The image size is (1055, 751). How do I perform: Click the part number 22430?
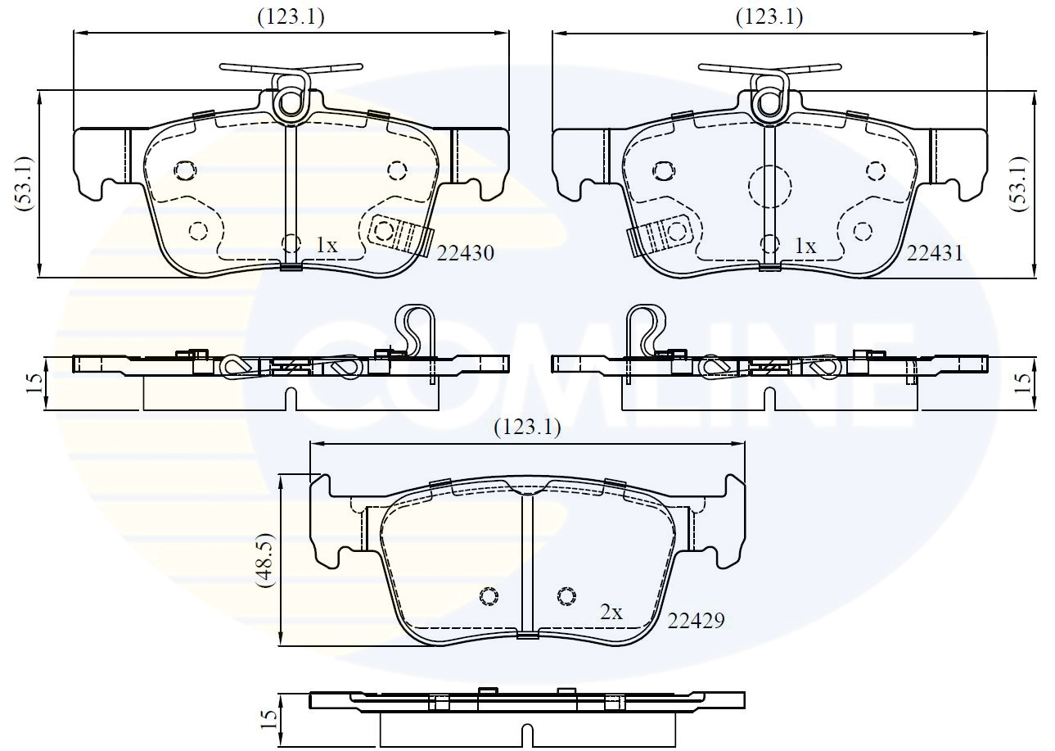point(466,254)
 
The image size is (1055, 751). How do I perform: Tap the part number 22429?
point(696,621)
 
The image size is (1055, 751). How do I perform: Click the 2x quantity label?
point(611,612)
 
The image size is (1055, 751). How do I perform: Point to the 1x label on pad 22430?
point(327,245)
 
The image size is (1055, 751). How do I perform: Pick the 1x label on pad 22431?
point(805,246)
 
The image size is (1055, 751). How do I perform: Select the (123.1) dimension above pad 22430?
point(291,17)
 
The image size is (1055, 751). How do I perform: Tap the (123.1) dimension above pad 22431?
point(769,17)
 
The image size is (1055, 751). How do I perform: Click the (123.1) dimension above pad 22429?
point(527,428)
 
